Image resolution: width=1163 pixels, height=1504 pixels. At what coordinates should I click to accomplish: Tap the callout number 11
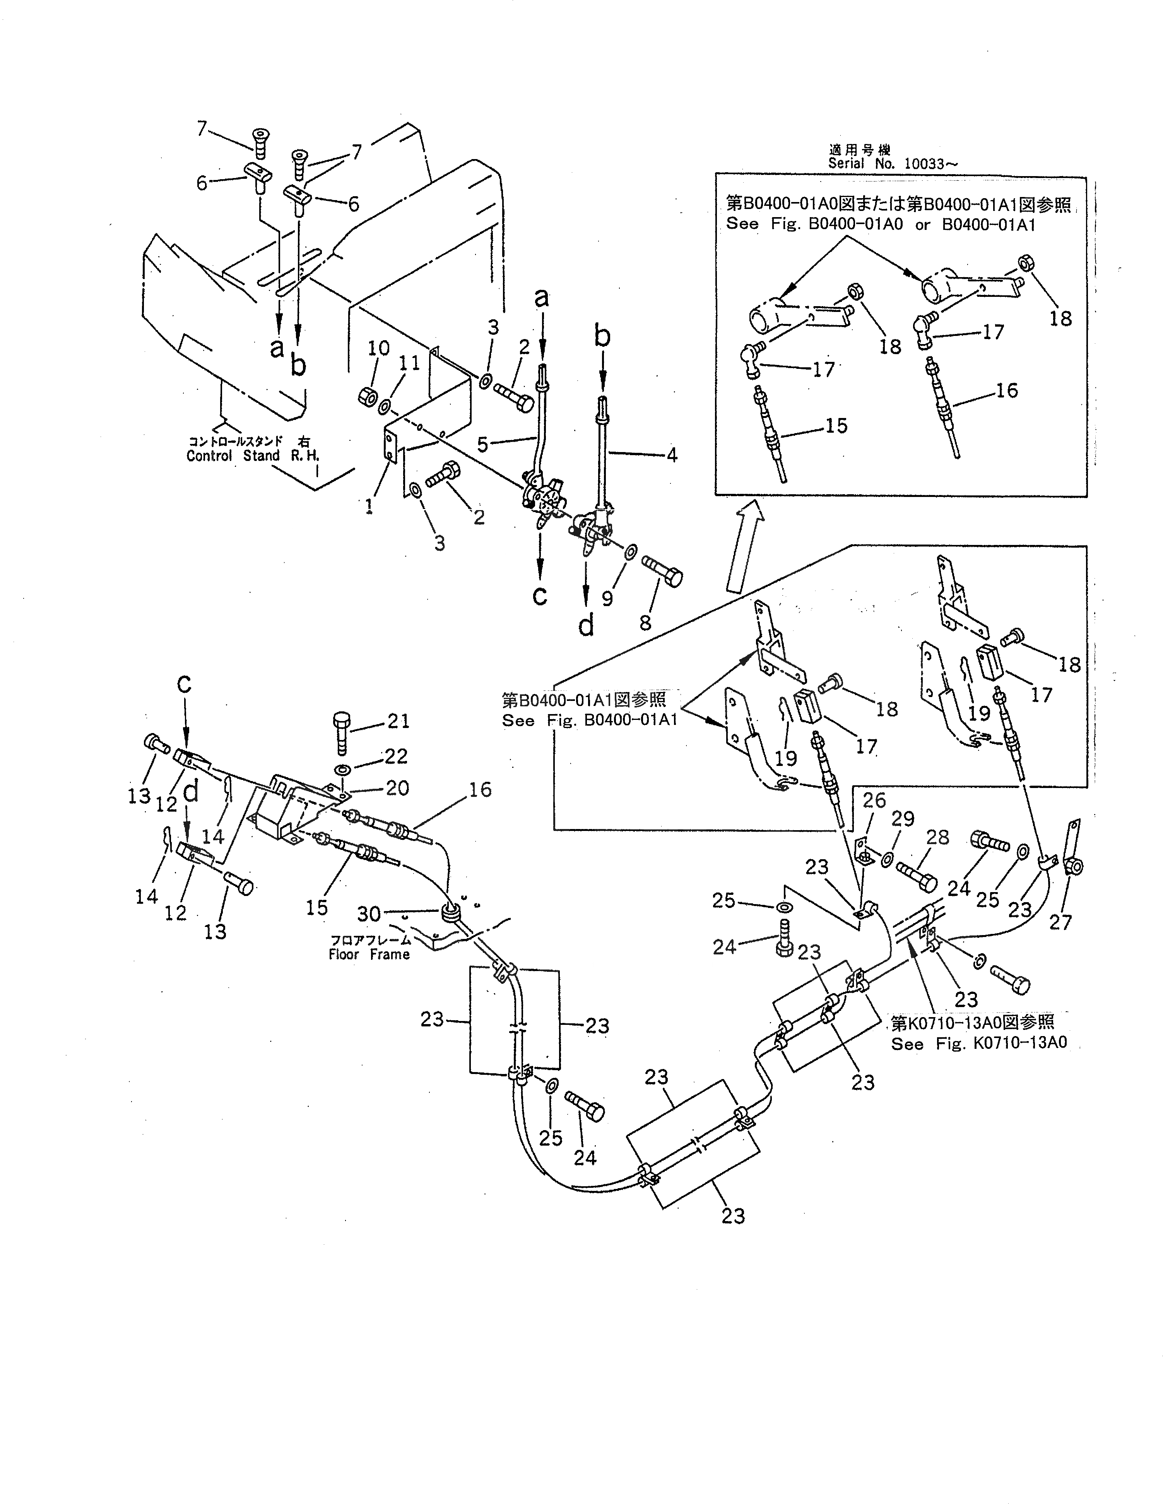(410, 363)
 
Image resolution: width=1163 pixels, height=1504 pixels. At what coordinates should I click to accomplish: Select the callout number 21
(398, 721)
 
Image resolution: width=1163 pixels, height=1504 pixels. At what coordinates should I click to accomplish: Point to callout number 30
(369, 914)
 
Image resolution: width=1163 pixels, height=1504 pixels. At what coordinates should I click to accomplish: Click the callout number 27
(1060, 922)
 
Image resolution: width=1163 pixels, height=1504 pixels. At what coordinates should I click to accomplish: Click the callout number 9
(607, 598)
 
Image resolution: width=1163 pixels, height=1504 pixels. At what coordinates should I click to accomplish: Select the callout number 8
(645, 622)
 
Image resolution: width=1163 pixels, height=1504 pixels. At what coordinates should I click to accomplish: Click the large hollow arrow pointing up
(746, 544)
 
